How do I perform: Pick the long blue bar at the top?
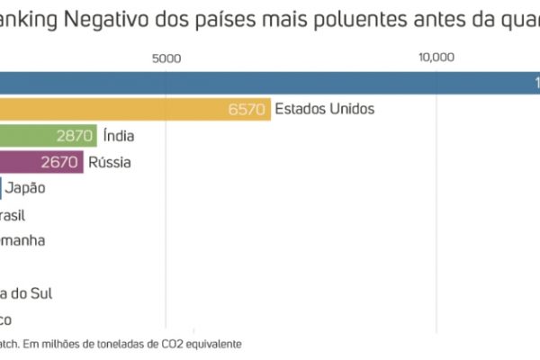270,83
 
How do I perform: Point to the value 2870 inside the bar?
75,136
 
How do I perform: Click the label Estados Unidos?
324,109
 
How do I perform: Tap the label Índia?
119,136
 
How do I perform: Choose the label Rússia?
110,163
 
